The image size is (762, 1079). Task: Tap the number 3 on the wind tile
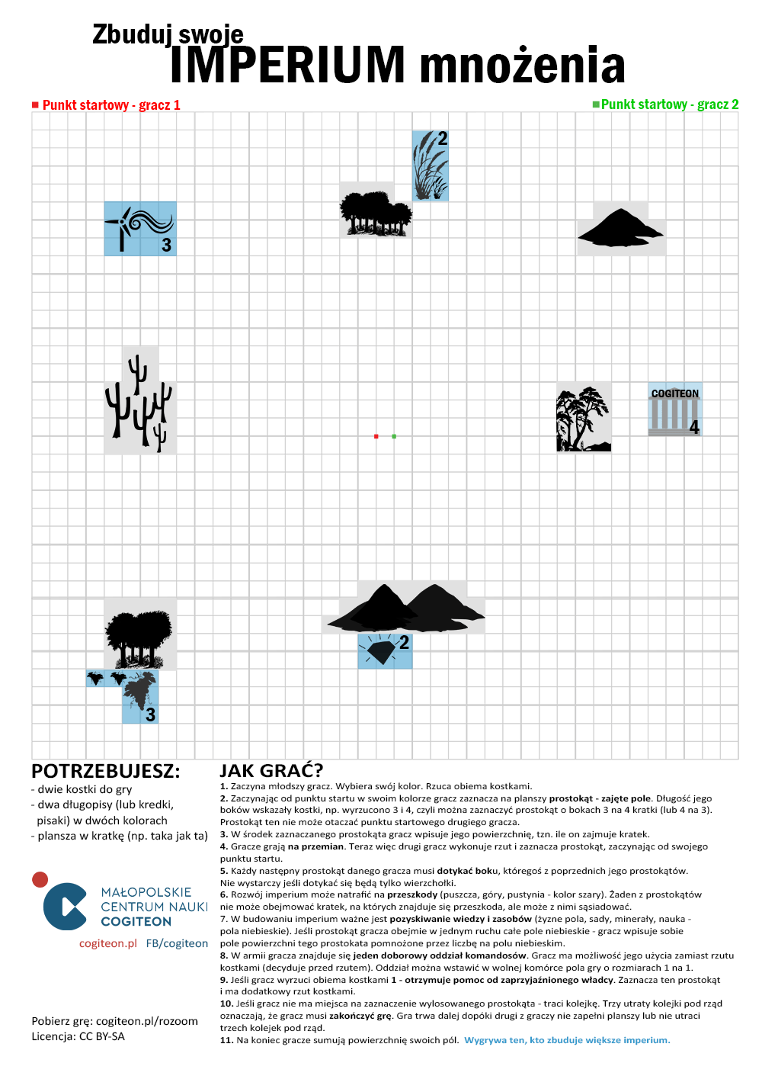point(166,245)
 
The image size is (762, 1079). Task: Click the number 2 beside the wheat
point(442,139)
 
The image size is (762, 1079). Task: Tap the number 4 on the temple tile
point(694,427)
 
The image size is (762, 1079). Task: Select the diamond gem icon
point(380,650)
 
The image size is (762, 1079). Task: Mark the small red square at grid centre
point(376,436)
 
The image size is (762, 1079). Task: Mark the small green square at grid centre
point(394,436)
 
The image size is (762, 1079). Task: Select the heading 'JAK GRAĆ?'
point(271,770)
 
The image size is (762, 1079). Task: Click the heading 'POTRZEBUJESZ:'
point(106,771)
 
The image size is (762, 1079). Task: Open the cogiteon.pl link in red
point(108,943)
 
